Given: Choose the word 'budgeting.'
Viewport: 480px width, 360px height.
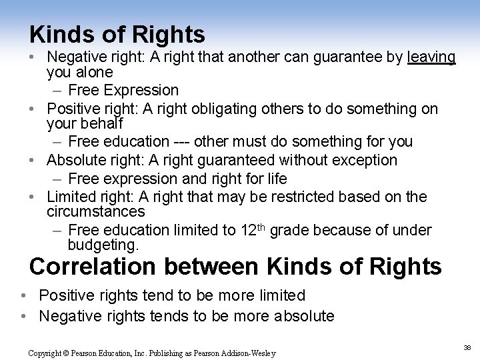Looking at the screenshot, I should click(x=103, y=245).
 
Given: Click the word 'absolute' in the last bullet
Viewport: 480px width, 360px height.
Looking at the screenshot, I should click(x=303, y=315).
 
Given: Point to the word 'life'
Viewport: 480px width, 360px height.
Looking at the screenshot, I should click(x=273, y=178).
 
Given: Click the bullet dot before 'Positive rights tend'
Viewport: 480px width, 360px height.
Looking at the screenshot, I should click(x=23, y=295).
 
